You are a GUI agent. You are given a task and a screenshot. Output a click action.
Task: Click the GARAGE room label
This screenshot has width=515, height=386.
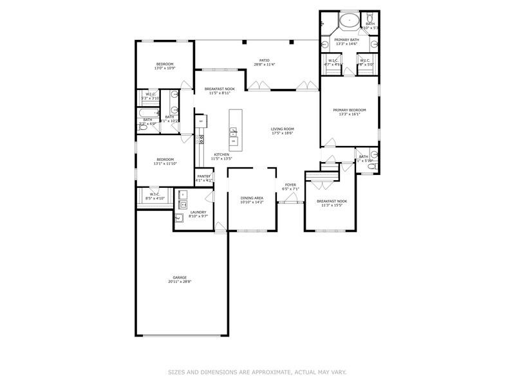pyautogui.click(x=179, y=277)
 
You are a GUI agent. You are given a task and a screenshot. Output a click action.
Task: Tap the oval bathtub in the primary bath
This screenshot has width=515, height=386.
pyautogui.click(x=350, y=21)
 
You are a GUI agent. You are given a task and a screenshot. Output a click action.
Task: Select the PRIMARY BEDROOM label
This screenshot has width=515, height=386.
pyautogui.click(x=350, y=109)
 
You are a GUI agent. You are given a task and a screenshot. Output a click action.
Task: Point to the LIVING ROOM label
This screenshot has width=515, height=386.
pyautogui.click(x=282, y=129)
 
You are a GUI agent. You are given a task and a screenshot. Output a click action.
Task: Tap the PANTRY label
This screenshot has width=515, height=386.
pyautogui.click(x=203, y=176)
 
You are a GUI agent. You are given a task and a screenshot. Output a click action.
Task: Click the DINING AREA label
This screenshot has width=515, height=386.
pyautogui.click(x=252, y=198)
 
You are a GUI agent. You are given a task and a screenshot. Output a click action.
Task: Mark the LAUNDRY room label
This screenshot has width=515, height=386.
pyautogui.click(x=198, y=212)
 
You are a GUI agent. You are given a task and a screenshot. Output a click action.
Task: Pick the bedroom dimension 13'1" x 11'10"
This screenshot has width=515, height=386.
pyautogui.click(x=165, y=163)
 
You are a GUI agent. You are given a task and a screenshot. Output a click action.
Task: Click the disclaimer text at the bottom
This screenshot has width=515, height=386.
pyautogui.click(x=257, y=371)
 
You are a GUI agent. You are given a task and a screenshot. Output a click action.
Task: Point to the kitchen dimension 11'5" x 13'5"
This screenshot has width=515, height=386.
pyautogui.click(x=222, y=158)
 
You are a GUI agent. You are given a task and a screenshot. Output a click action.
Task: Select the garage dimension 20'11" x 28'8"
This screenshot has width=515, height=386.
pyautogui.click(x=180, y=282)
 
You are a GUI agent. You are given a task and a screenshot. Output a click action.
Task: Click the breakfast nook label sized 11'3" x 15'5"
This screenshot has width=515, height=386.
pyautogui.click(x=332, y=201)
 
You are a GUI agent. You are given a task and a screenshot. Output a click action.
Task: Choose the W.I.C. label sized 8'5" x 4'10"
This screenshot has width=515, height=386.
pyautogui.click(x=154, y=194)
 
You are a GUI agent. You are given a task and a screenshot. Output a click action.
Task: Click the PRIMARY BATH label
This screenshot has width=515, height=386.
pyautogui.click(x=346, y=40)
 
